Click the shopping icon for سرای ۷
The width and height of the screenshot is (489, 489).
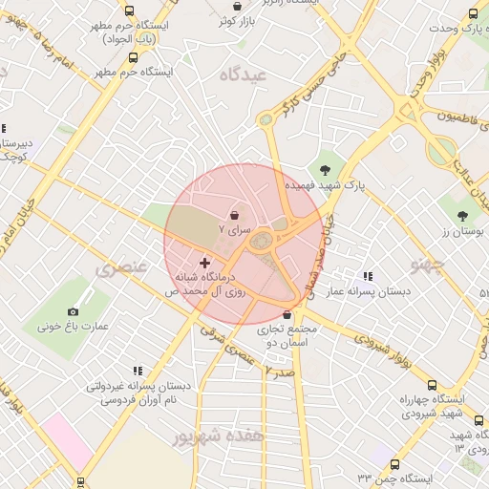point(235,216)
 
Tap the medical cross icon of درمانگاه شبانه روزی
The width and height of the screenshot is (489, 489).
point(204,262)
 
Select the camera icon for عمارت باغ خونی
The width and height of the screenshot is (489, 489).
point(73,311)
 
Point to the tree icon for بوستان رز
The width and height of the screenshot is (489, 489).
point(463,217)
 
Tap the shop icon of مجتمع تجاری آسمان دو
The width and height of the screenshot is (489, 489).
point(287,314)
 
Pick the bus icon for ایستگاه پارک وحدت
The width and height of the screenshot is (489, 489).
point(473,13)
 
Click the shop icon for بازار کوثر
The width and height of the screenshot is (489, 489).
point(237,7)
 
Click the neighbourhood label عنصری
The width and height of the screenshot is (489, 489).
point(121,268)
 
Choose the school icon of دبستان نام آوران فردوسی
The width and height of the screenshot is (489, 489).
point(138,371)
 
